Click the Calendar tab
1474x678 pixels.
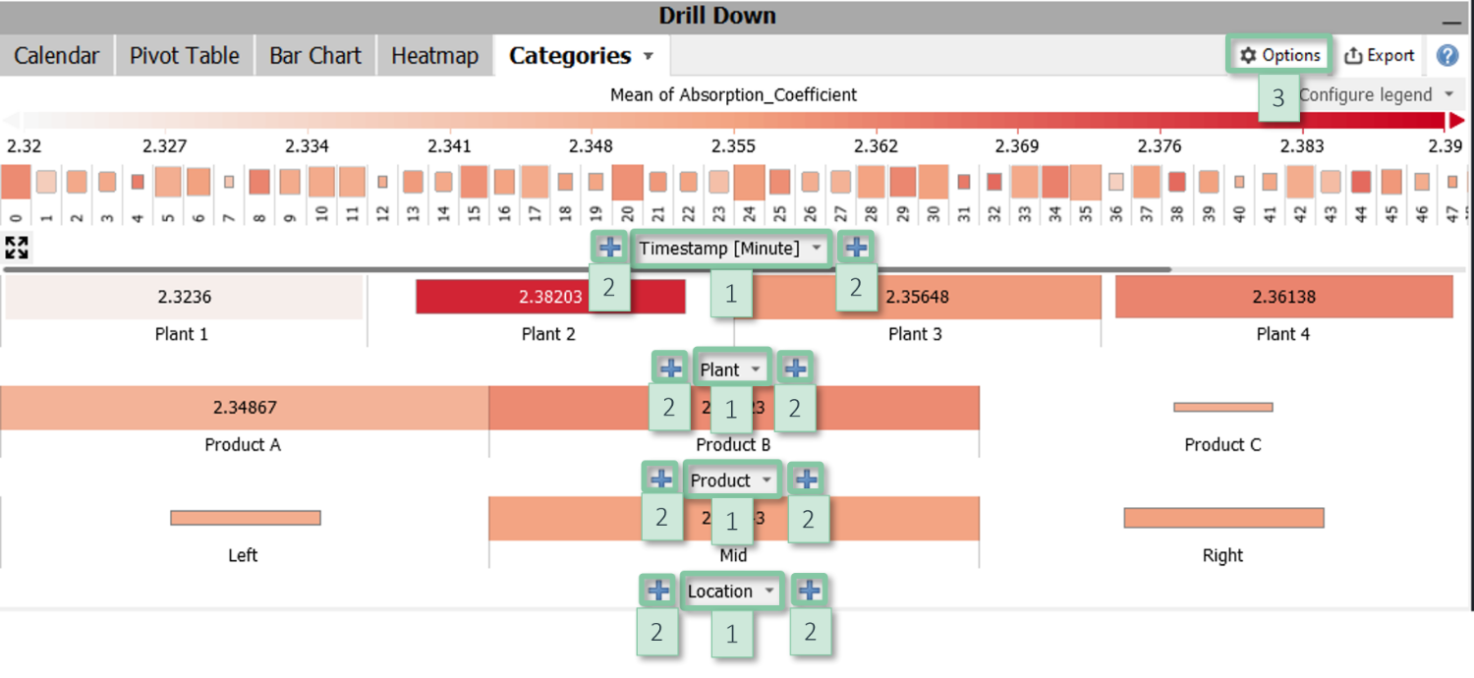56,56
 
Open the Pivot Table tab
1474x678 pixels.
185,56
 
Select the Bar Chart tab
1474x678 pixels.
315,56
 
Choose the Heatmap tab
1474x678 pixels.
434,56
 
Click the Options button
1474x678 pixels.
1279,56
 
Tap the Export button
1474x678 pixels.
1380,56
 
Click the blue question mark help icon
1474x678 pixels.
1447,56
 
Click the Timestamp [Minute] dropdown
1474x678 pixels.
731,249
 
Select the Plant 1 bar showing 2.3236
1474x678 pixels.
184,297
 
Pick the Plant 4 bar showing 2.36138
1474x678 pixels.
1283,297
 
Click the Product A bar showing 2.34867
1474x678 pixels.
244,408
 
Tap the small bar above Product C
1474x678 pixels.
1223,407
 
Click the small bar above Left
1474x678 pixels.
246,518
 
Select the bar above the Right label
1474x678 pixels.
1223,518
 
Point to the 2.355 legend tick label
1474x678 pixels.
734,146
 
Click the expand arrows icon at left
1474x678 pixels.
17,248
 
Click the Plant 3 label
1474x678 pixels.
915,334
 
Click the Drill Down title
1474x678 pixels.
717,16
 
